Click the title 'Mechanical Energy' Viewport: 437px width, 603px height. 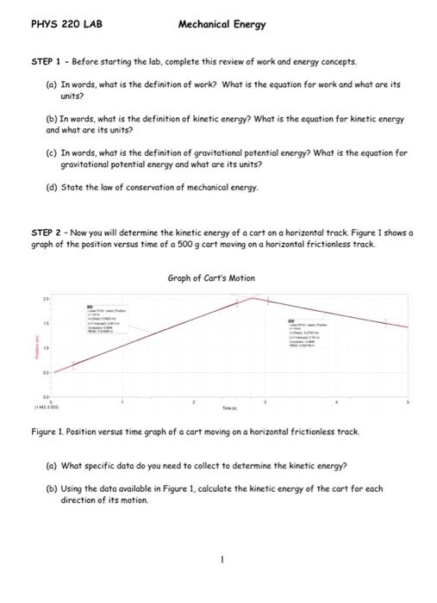click(x=222, y=25)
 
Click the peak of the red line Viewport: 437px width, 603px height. click(x=251, y=298)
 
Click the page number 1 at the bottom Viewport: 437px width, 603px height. click(x=222, y=559)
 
